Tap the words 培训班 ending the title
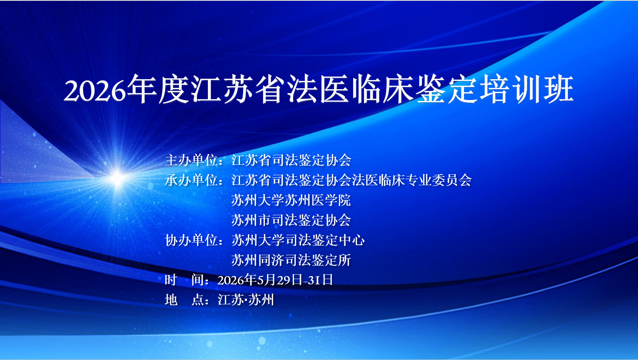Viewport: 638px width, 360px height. point(527,89)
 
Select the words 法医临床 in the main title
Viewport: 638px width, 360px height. point(351,89)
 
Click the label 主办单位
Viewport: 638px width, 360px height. point(192,160)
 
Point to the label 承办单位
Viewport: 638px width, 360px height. point(192,180)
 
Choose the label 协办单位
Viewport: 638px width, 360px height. point(192,240)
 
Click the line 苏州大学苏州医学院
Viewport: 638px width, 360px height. point(291,200)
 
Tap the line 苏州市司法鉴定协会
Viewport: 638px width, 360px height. point(291,220)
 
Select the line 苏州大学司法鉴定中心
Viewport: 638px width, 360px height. point(298,240)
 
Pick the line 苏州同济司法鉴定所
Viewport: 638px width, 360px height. point(291,260)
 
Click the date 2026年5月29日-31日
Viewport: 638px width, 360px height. point(275,280)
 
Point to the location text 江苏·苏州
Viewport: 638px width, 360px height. point(246,300)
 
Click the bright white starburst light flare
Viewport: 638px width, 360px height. point(117,178)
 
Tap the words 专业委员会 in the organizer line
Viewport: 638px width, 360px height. point(439,180)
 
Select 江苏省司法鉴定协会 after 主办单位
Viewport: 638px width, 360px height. point(291,160)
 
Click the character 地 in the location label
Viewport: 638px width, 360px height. point(171,300)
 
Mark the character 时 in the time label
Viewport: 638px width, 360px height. point(171,280)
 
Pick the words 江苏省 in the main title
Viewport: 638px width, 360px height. point(239,89)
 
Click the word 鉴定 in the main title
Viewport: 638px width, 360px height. point(448,89)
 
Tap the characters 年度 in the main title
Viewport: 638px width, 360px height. point(158,89)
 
